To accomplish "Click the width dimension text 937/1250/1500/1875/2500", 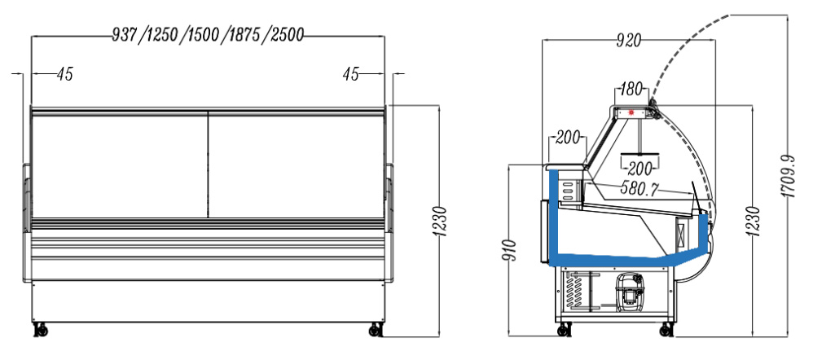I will point(208,34).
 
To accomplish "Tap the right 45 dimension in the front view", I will point(351,74).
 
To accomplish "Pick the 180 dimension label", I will point(631,88).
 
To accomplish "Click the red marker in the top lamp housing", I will point(632,112).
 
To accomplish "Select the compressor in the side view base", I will point(630,291).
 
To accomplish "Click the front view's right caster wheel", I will point(376,329).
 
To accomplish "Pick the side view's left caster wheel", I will point(563,331).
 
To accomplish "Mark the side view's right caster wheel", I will point(666,331).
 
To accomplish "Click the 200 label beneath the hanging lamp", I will point(641,169).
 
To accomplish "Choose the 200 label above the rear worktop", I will point(567,138).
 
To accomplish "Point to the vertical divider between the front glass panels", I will point(209,165).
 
